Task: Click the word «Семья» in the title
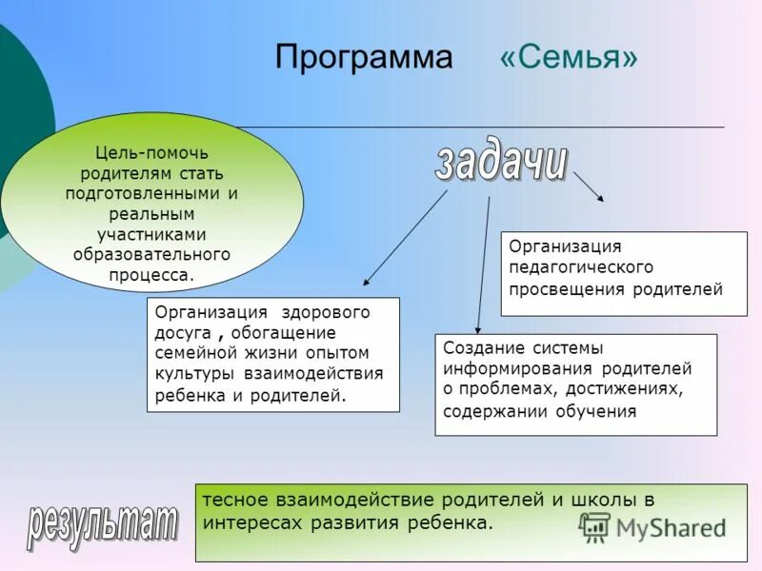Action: point(569,57)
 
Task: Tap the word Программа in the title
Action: point(364,58)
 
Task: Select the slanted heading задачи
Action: point(501,163)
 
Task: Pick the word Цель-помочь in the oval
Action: point(151,152)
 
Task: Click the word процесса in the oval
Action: point(151,275)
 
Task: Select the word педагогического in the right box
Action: point(581,267)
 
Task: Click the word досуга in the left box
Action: point(183,333)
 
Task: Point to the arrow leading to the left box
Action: point(405,238)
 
